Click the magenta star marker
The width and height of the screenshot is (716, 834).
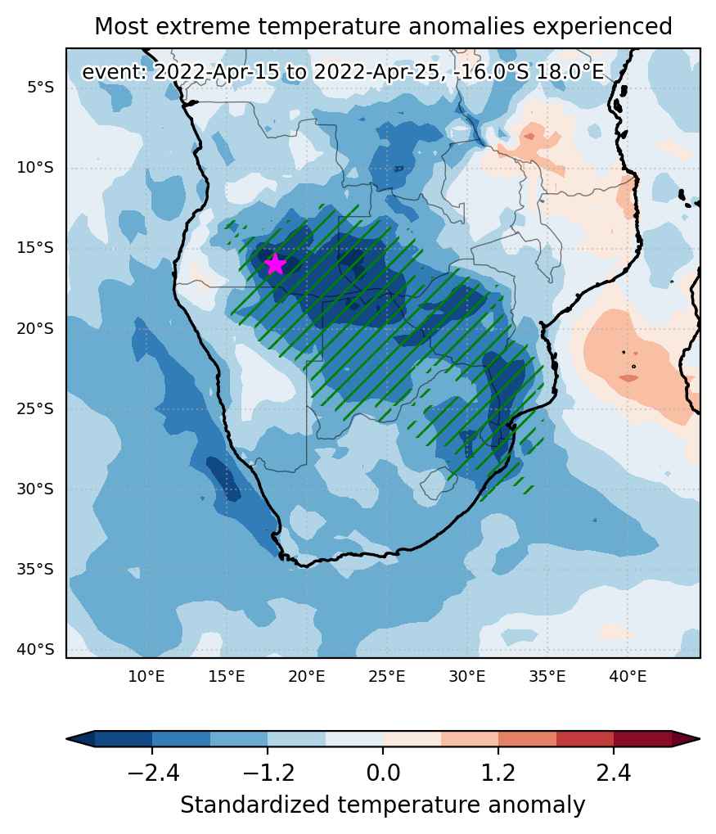[x=274, y=264]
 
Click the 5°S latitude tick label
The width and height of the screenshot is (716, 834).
[x=40, y=88]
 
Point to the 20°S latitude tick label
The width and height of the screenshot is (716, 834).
[x=35, y=329]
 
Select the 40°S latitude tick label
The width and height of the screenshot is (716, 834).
[x=35, y=649]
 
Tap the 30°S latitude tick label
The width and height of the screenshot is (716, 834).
[x=35, y=489]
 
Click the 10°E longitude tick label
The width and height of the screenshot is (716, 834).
[x=146, y=677]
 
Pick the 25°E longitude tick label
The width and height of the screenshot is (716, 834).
[x=387, y=677]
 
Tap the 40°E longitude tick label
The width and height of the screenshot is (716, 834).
[x=628, y=677]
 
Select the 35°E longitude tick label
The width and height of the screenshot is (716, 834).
[x=547, y=677]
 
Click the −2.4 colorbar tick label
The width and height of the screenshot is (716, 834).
[x=153, y=773]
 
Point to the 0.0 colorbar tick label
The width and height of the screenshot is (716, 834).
[x=383, y=773]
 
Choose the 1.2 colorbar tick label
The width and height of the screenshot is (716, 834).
[x=498, y=773]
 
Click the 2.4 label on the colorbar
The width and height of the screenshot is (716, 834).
[x=614, y=773]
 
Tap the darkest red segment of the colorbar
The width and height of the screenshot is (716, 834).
[x=642, y=739]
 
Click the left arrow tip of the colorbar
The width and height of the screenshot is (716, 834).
[x=67, y=739]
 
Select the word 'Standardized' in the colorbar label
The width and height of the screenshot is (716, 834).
[x=255, y=805]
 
